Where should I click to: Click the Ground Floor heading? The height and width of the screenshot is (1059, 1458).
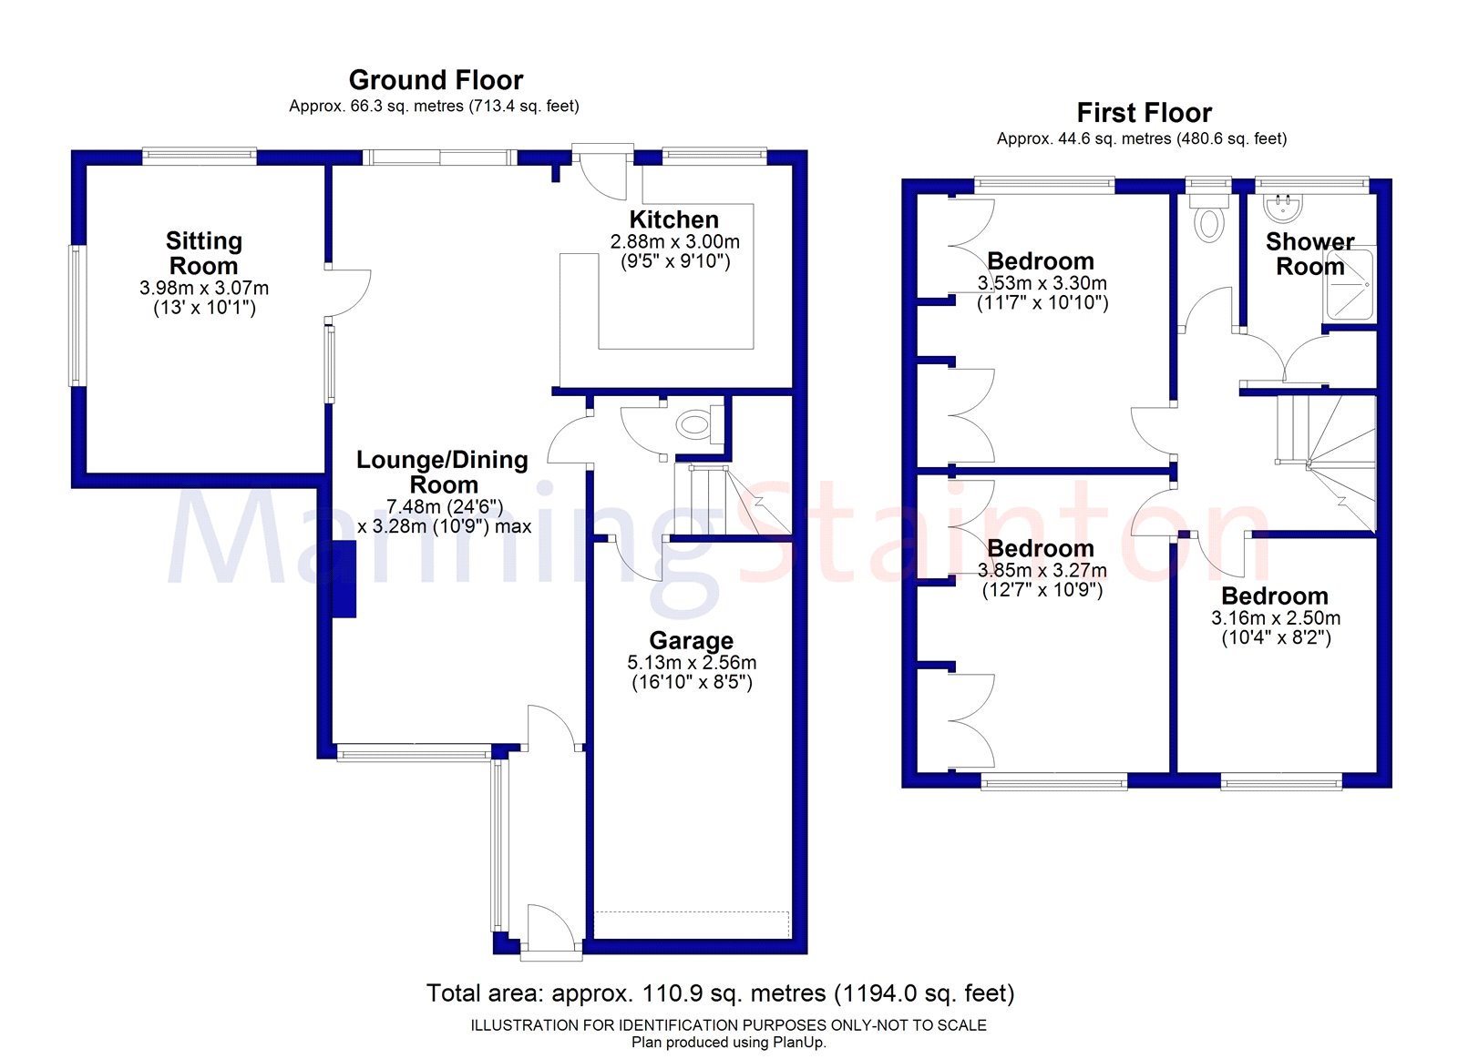pos(436,80)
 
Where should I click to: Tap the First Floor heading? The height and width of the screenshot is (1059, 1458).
pos(1144,113)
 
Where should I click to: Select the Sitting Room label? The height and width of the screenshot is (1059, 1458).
pos(203,253)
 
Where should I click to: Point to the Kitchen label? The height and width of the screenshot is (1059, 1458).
pos(673,219)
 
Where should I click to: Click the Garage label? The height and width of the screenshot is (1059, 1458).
pos(691,640)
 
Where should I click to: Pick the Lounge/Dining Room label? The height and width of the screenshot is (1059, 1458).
pos(443,472)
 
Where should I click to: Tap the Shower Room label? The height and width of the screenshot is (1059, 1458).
pos(1309,254)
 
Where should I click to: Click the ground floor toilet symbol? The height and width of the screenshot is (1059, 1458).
pos(693,423)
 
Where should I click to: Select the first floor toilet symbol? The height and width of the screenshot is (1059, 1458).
pos(1208,220)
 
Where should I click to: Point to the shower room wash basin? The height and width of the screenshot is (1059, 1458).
pos(1284,208)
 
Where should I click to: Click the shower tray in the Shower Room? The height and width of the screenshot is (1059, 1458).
pos(1350,284)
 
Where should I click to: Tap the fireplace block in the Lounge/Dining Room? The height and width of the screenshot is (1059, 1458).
pos(344,579)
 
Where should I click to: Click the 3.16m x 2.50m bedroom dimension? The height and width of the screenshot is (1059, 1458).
pos(1275,618)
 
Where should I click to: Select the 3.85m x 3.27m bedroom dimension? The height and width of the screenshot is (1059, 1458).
pos(1042,571)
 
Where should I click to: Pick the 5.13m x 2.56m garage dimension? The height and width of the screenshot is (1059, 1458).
pos(692,663)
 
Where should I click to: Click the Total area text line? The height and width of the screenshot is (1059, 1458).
pos(720,993)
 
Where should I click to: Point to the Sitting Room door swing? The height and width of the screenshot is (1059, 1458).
pos(350,292)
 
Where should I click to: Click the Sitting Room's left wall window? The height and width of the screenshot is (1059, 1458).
pos(77,315)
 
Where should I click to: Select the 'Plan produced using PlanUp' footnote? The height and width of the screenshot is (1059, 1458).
pos(728,1042)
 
